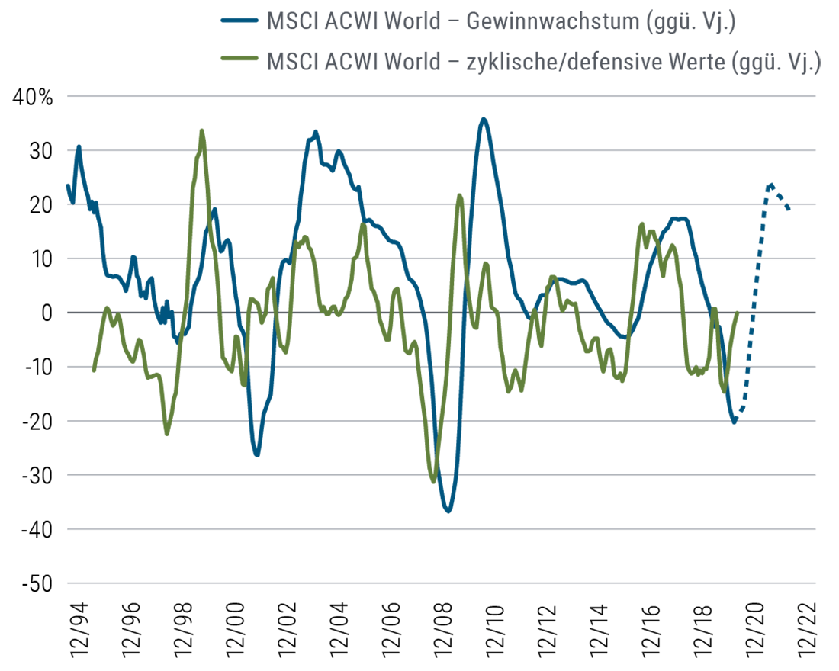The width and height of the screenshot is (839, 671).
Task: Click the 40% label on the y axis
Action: (32, 98)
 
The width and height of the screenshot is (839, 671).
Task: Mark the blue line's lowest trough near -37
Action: (448, 511)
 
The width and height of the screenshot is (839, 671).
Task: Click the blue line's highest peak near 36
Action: (483, 119)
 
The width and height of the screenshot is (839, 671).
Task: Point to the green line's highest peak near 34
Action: (201, 130)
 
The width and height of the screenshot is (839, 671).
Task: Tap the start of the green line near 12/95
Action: (94, 371)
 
